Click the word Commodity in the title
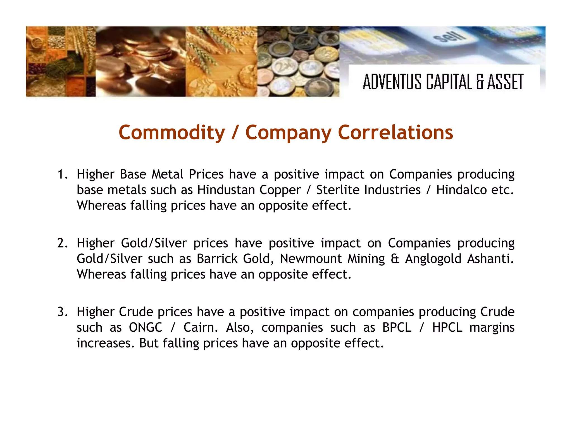point(171,132)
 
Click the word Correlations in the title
point(395,132)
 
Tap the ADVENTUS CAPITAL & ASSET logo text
point(443,82)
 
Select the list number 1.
point(62,174)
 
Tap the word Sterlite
point(337,190)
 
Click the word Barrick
point(217,259)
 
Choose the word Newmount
point(311,259)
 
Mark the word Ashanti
point(490,259)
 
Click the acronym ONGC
point(146,327)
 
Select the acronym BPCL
point(397,327)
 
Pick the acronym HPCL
point(447,327)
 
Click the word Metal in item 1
point(167,174)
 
